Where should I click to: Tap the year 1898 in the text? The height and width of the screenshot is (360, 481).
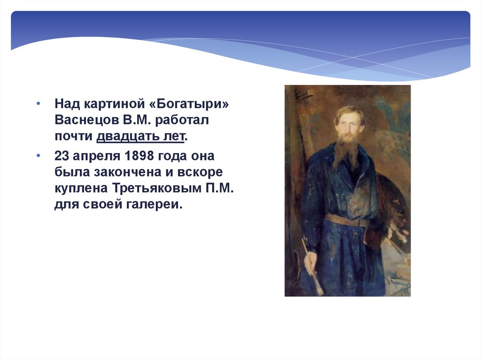[x=139, y=156]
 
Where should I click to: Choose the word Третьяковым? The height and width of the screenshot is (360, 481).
[x=156, y=188]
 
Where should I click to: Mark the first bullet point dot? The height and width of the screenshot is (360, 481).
[x=38, y=104]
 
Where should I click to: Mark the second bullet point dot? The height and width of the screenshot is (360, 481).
[x=38, y=156]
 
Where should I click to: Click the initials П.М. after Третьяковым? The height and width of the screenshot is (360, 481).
[x=219, y=188]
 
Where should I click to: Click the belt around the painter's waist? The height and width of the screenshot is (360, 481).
[x=347, y=220]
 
